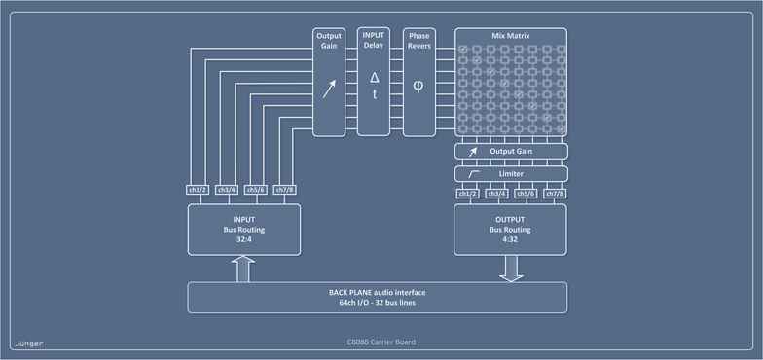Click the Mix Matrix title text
pyautogui.click(x=511, y=36)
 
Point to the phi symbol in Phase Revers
pyautogui.click(x=418, y=86)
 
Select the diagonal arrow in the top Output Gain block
pyautogui.click(x=329, y=90)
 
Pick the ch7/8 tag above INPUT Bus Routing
pyautogui.click(x=285, y=190)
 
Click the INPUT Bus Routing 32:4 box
pyautogui.click(x=243, y=230)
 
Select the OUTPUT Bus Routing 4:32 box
pyautogui.click(x=511, y=230)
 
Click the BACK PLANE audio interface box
pyautogui.click(x=377, y=297)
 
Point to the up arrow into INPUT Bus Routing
pyautogui.click(x=243, y=268)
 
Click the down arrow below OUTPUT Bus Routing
pyautogui.click(x=511, y=269)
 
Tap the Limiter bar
pyautogui.click(x=511, y=172)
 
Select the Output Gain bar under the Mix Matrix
pyautogui.click(x=511, y=152)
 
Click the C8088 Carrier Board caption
pyautogui.click(x=381, y=342)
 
